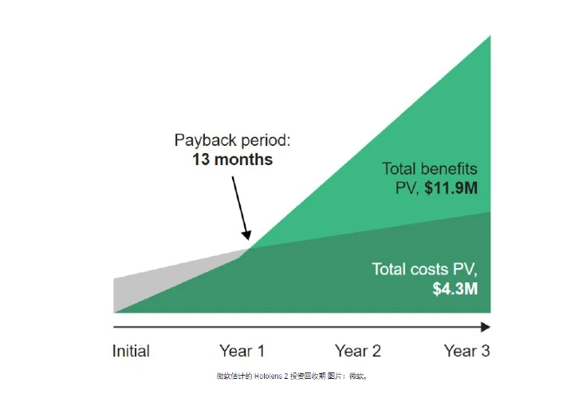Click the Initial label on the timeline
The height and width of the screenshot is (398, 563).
click(131, 351)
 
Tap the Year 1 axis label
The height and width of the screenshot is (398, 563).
click(242, 351)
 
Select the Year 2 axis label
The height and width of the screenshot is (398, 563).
click(357, 351)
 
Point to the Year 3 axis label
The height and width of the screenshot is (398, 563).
click(467, 351)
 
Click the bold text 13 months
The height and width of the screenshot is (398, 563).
click(233, 160)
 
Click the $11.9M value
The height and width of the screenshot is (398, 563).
click(451, 188)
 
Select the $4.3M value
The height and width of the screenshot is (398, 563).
click(455, 289)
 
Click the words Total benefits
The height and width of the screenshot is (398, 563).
click(430, 169)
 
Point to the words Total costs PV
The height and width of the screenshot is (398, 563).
click(424, 269)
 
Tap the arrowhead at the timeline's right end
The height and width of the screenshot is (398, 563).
click(486, 327)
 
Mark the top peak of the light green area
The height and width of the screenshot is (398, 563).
click(490, 36)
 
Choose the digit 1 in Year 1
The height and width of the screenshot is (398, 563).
click(261, 351)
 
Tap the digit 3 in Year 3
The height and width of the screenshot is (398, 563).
click(486, 351)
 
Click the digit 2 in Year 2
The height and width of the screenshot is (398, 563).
click(376, 351)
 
